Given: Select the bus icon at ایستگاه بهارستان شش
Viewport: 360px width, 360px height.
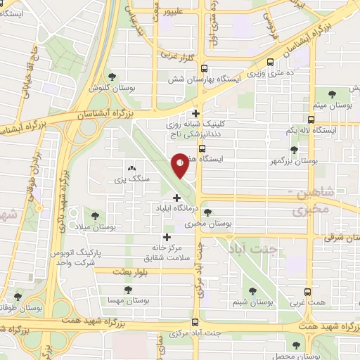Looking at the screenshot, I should coord(204,69).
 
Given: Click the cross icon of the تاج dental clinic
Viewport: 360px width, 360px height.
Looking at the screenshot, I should coord(195,113).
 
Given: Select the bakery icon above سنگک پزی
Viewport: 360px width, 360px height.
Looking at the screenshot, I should coord(131,169).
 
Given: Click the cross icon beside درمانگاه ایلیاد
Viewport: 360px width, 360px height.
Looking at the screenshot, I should coord(176,198).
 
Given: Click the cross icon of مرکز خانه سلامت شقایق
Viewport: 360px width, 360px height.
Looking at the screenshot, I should coord(167,237).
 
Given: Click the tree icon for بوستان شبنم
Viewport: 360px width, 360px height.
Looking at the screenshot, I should coord(252,290).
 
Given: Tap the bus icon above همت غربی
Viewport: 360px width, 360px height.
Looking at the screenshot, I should coord(308,290).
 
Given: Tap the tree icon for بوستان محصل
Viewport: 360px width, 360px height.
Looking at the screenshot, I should coord(295,345).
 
